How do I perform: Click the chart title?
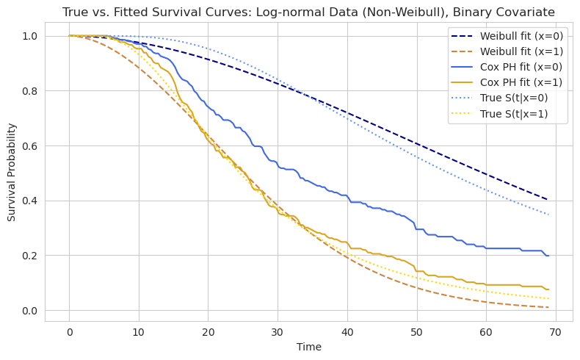[308, 12]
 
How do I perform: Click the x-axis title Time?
[308, 347]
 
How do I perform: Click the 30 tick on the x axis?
[278, 331]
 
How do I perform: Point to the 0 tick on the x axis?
[69, 331]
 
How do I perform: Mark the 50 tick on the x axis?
[417, 331]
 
